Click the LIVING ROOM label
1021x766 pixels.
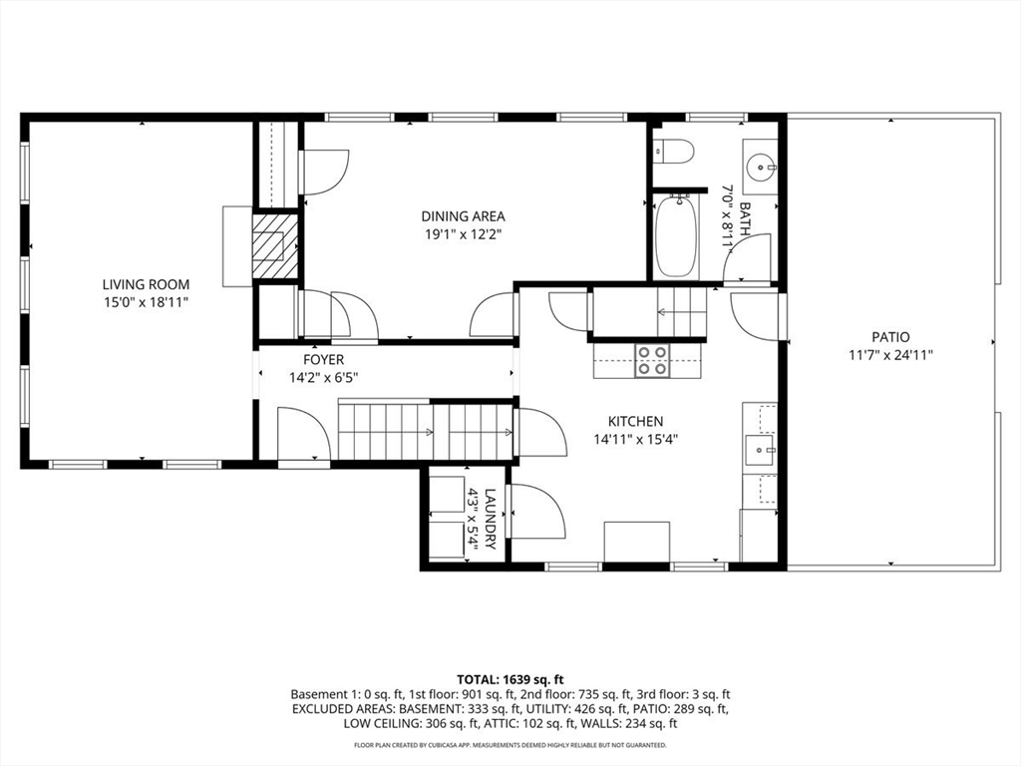coord(146,284)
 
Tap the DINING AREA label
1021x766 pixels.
coord(463,216)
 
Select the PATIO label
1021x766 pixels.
coord(890,337)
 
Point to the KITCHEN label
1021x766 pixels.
coord(635,422)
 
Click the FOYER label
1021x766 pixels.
coord(324,359)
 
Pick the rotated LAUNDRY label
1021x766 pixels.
coord(491,519)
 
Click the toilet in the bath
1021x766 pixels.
coord(674,153)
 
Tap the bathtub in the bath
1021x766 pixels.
coord(677,235)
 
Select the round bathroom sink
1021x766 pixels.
coord(759,168)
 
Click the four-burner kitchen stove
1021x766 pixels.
coord(652,361)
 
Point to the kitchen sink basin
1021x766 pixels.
coord(759,450)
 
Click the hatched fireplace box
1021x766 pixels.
coord(275,245)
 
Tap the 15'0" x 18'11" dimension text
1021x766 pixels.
coord(146,302)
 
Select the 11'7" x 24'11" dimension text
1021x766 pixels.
coord(890,355)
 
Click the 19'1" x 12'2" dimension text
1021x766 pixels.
coord(463,234)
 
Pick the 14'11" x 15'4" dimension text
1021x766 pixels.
coord(635,440)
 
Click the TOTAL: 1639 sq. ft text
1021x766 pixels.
coord(510,680)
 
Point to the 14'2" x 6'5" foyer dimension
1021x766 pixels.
coord(324,378)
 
